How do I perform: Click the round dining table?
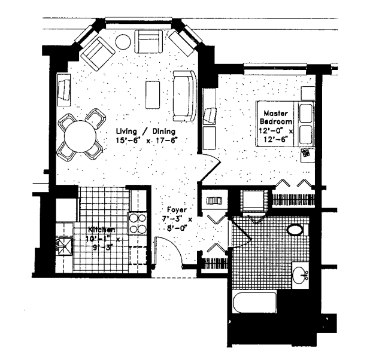click(x=80, y=136)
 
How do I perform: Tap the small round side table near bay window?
click(x=123, y=42)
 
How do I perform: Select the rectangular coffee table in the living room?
click(x=153, y=94)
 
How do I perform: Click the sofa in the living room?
click(x=184, y=96)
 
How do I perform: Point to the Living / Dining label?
click(x=146, y=132)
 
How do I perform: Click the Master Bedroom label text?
click(x=276, y=117)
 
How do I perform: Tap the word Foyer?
click(x=177, y=210)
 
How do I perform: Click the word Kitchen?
click(x=102, y=230)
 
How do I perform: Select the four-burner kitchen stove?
click(x=137, y=224)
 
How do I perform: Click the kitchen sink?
click(x=64, y=246)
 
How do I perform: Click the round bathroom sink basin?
click(x=300, y=275)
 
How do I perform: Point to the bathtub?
click(x=255, y=303)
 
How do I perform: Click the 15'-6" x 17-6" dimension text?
click(x=147, y=141)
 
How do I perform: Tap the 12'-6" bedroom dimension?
click(x=275, y=139)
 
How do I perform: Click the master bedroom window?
click(x=275, y=68)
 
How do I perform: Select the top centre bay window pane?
click(x=138, y=23)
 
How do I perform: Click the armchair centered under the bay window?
click(x=148, y=42)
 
